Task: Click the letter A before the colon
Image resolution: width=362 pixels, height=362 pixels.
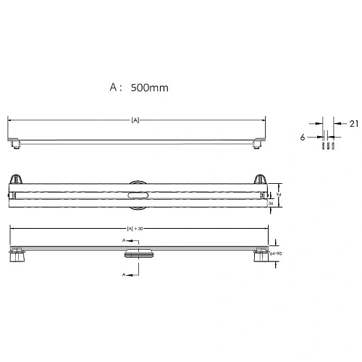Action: point(113,87)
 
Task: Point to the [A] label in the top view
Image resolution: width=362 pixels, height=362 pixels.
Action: point(135,119)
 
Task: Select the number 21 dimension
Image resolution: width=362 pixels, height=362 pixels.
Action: point(353,124)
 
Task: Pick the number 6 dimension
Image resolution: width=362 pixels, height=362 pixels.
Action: point(301,135)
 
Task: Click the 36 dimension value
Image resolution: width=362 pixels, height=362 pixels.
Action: point(271,203)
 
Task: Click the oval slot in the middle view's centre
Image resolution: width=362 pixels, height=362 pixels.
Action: point(137,195)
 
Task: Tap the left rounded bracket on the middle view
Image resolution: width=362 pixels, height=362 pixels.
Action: point(17,180)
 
